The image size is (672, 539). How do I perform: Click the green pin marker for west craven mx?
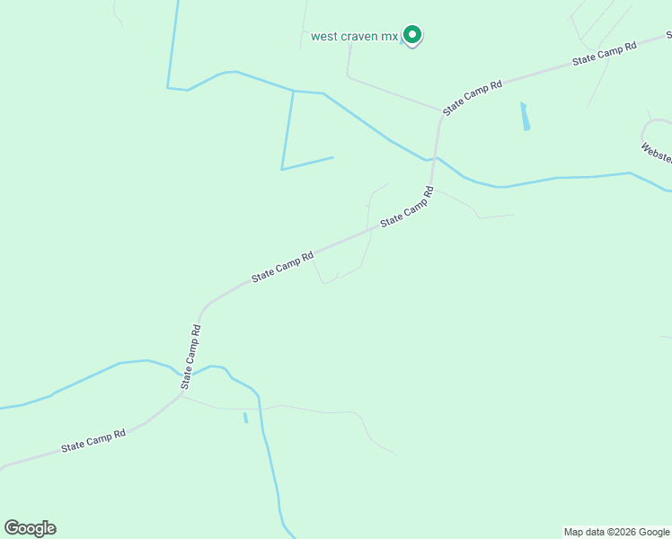tap(412, 35)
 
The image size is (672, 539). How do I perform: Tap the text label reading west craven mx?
tap(354, 37)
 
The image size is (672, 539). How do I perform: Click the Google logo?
tap(31, 528)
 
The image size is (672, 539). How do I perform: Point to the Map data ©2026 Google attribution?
tap(617, 532)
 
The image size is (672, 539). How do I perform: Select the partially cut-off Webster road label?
tap(656, 152)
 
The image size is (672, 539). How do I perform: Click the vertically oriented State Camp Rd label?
tap(191, 357)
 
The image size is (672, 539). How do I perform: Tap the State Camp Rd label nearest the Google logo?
tap(93, 440)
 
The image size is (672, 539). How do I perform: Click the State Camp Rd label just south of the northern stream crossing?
tap(407, 207)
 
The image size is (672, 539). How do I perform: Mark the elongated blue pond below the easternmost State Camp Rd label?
tap(525, 117)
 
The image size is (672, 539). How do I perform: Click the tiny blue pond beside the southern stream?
tap(245, 418)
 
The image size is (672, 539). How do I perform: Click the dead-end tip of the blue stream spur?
tap(333, 158)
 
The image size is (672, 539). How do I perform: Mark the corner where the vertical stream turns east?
tap(168, 87)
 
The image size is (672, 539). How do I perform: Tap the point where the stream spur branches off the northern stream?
tap(294, 91)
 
